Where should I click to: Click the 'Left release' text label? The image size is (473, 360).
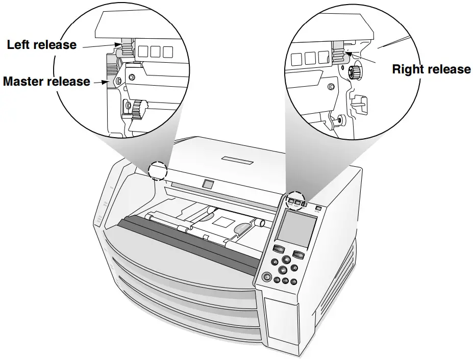(41, 45)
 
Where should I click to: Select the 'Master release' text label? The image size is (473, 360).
(46, 82)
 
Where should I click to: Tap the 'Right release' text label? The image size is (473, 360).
(431, 69)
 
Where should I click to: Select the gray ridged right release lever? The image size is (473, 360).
(338, 52)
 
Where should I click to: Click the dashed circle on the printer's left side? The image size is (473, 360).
(157, 171)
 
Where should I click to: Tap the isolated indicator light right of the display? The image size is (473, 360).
(319, 208)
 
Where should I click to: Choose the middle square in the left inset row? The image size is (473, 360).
(155, 52)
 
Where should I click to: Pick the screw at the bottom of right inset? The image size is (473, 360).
(339, 120)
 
